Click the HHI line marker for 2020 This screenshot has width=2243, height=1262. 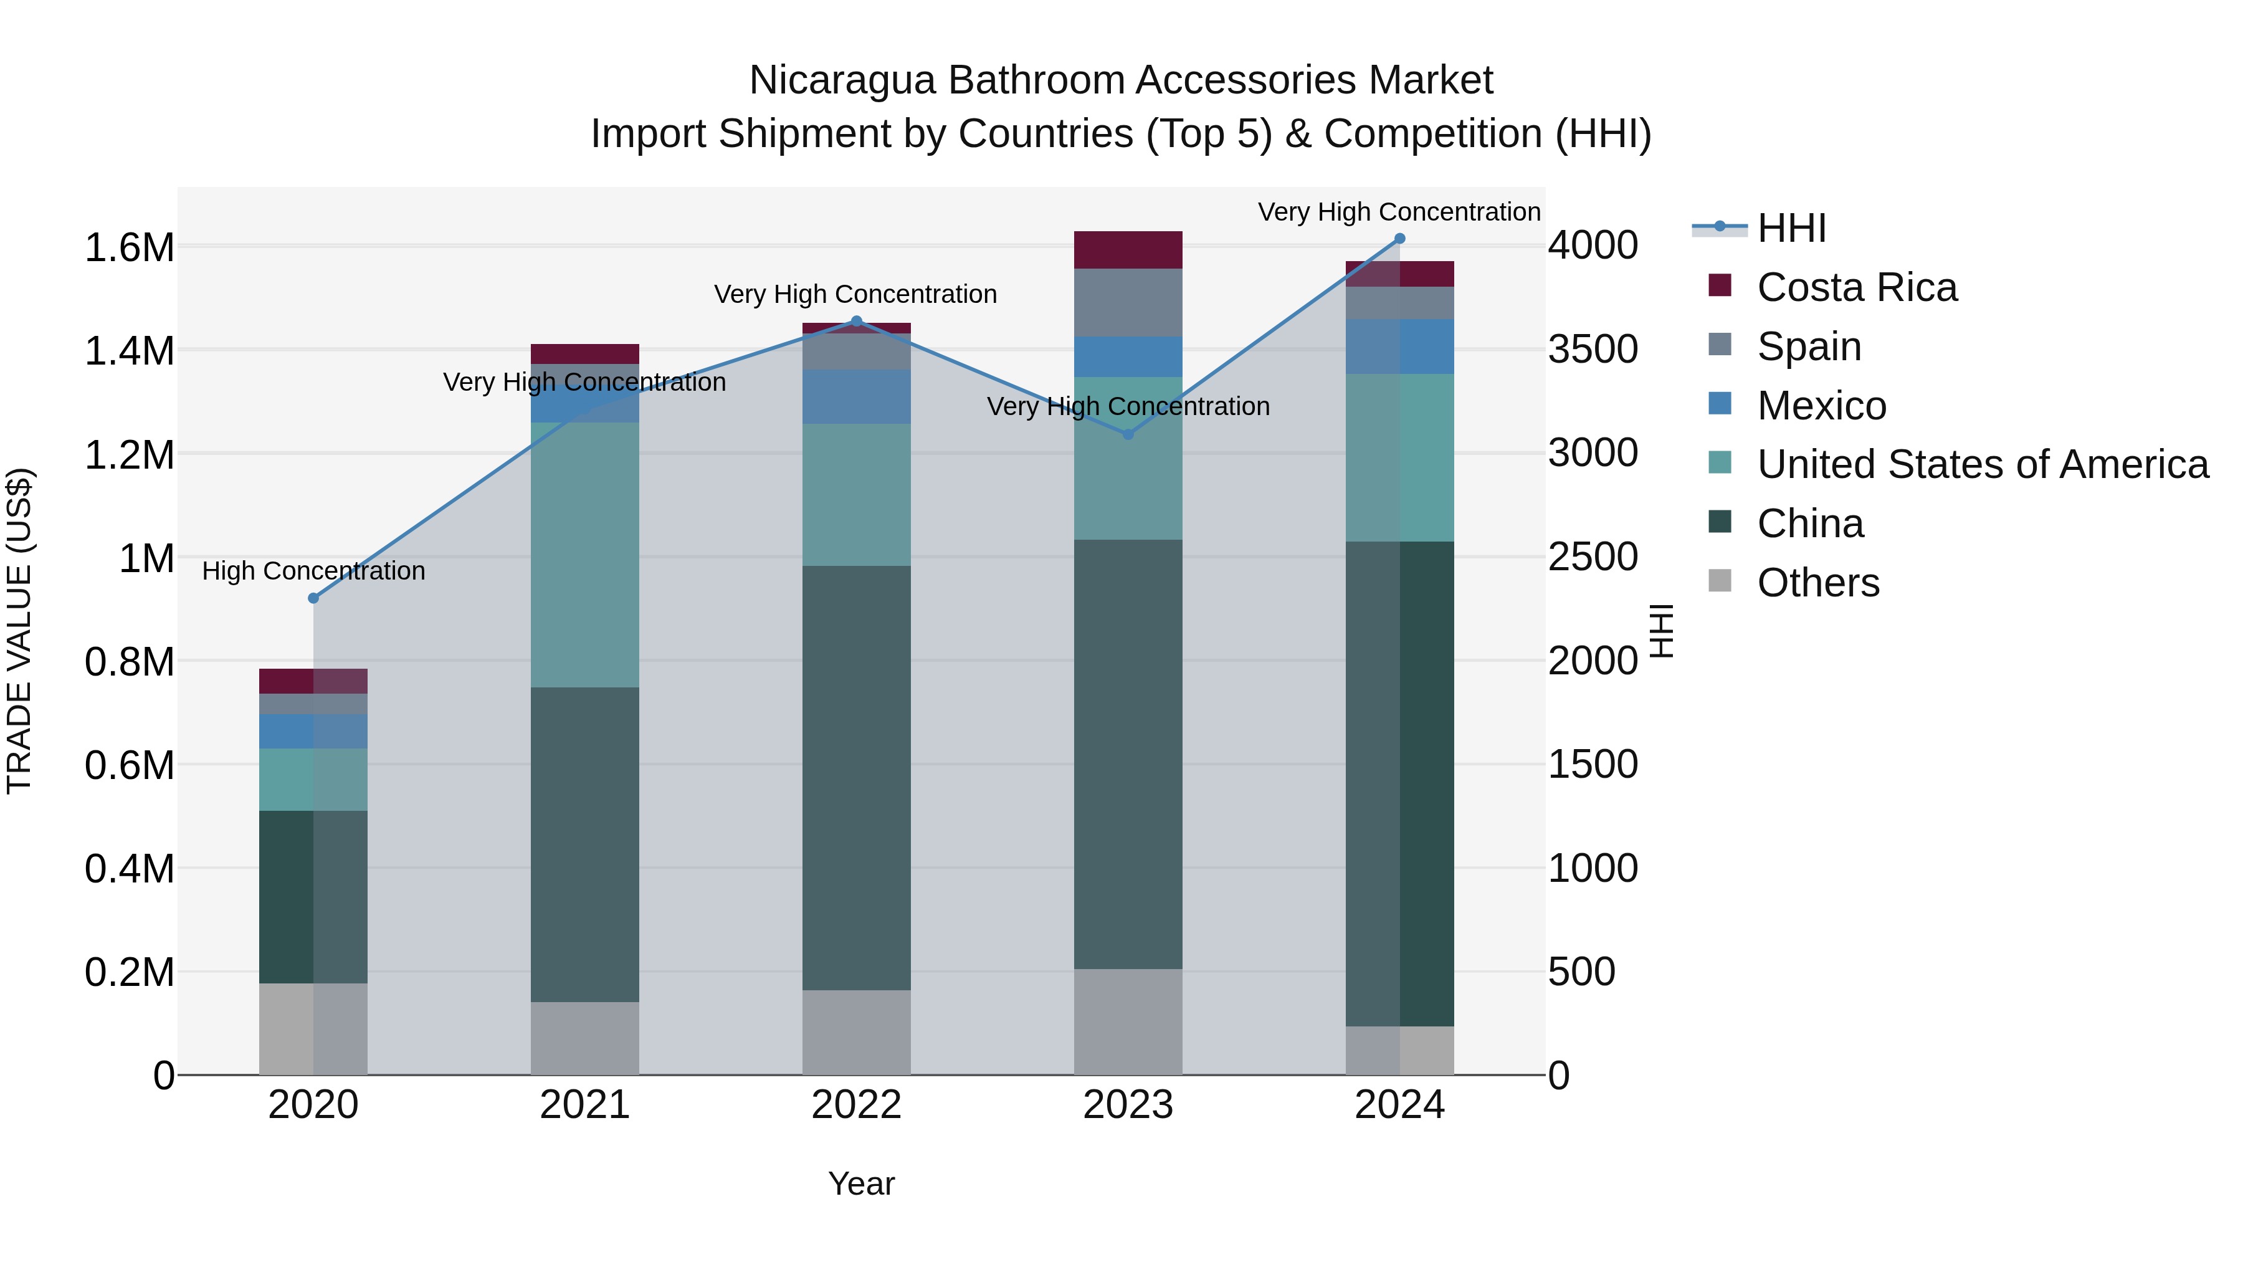click(x=313, y=598)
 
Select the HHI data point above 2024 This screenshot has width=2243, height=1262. click(x=1399, y=239)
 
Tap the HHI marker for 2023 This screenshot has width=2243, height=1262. click(x=1128, y=434)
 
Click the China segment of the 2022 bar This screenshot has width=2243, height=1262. click(x=856, y=777)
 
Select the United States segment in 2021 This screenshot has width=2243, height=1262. click(x=584, y=555)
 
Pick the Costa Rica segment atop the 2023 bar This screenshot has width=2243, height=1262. click(x=1128, y=250)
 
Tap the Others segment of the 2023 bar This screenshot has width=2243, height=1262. click(x=1128, y=1021)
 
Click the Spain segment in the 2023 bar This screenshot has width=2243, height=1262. click(x=1128, y=302)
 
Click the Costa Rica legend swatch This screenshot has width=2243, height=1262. click(x=1720, y=285)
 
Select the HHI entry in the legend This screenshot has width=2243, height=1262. click(x=1791, y=228)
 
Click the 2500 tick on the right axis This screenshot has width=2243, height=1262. click(x=1593, y=557)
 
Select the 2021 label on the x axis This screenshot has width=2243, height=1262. click(x=584, y=1105)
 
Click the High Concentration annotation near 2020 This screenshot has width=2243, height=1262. click(x=313, y=571)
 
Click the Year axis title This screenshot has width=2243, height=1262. click(x=860, y=1183)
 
